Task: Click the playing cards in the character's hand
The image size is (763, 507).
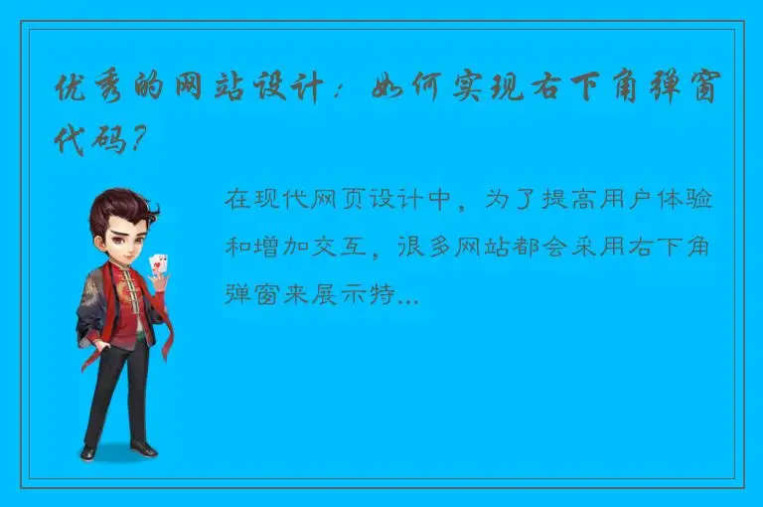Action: pyautogui.click(x=156, y=265)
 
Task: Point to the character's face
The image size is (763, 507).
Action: pyautogui.click(x=123, y=239)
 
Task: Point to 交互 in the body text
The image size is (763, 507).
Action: pyautogui.click(x=357, y=247)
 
